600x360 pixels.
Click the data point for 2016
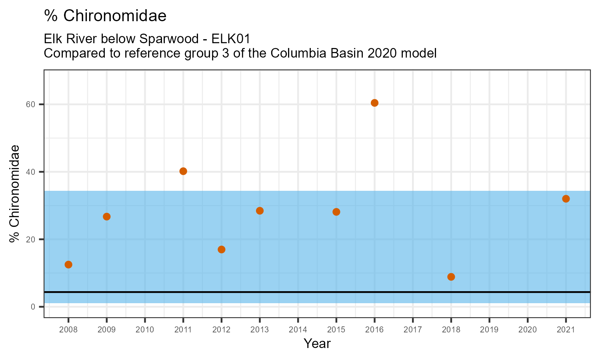(x=374, y=103)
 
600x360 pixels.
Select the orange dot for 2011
(x=183, y=171)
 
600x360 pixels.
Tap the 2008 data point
(x=68, y=264)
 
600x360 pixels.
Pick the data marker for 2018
(x=451, y=277)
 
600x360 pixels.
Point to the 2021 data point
(x=566, y=199)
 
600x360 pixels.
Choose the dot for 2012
(x=221, y=250)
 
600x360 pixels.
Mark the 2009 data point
(x=106, y=216)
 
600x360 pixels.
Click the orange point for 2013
(x=260, y=211)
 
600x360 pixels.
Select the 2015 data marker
(x=336, y=212)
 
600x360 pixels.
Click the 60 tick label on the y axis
(x=31, y=104)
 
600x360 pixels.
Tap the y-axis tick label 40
(x=31, y=172)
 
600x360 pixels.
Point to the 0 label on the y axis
(x=33, y=307)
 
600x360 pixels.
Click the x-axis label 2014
(x=298, y=330)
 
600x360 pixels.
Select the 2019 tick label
(x=489, y=330)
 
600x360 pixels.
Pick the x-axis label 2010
(x=145, y=330)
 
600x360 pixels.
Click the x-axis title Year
(x=317, y=344)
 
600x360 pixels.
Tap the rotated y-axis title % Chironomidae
(x=15, y=194)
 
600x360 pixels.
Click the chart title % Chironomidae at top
(x=105, y=16)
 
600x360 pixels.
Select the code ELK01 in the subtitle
(x=234, y=39)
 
